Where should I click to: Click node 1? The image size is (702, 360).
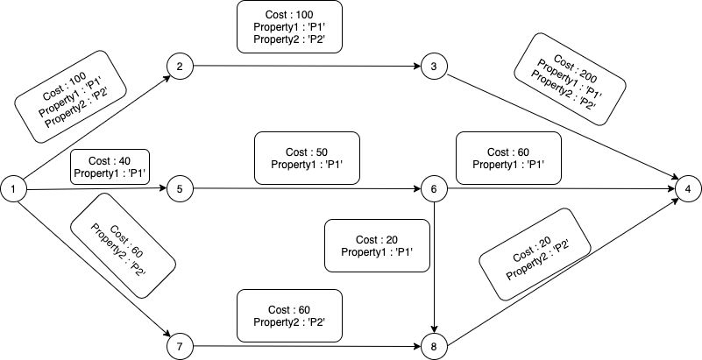tap(13, 189)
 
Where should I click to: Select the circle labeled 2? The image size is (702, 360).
tap(180, 67)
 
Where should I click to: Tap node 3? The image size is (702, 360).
tap(435, 67)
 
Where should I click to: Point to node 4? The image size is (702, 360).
tap(689, 189)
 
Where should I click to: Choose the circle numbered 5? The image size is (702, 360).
tap(180, 189)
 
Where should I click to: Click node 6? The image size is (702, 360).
tap(435, 189)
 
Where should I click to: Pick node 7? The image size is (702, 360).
tap(180, 347)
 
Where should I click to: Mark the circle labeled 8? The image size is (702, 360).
tap(435, 347)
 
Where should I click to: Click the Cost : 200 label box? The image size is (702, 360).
tap(570, 79)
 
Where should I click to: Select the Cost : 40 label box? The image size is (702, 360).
tap(110, 166)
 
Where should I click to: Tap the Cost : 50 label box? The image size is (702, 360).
tap(307, 158)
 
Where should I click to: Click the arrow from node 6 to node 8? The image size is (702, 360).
tap(435, 268)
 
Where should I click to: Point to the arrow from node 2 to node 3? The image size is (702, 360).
tap(307, 67)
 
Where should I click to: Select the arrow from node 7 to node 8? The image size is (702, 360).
tap(307, 346)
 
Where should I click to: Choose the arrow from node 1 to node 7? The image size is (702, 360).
tap(95, 269)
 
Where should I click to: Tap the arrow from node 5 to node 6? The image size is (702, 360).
tap(307, 189)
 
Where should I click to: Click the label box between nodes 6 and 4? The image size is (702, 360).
tap(508, 158)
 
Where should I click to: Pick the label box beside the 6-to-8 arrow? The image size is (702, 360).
tap(377, 245)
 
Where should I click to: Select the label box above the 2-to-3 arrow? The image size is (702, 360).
tap(289, 27)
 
